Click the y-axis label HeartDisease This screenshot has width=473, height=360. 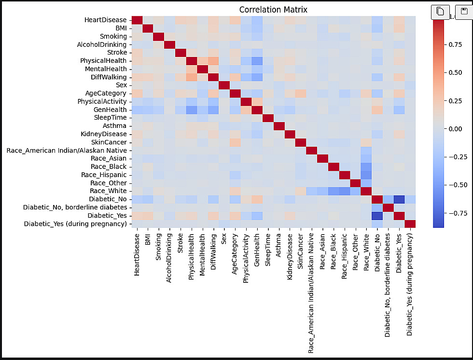pyautogui.click(x=106, y=20)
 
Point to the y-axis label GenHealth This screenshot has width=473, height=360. pyautogui.click(x=111, y=110)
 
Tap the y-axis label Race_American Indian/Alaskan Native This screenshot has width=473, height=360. pyautogui.click(x=67, y=151)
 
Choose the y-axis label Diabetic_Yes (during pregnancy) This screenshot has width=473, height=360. pyautogui.click(x=75, y=223)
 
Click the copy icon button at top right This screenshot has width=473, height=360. pyautogui.click(x=440, y=12)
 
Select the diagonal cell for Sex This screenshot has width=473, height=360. pyautogui.click(x=224, y=85)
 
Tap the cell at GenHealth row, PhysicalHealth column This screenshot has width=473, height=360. pyautogui.click(x=192, y=110)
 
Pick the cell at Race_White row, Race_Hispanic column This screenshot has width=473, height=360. pyautogui.click(x=346, y=191)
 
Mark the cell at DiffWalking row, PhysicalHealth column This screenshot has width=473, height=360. pyautogui.click(x=192, y=77)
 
